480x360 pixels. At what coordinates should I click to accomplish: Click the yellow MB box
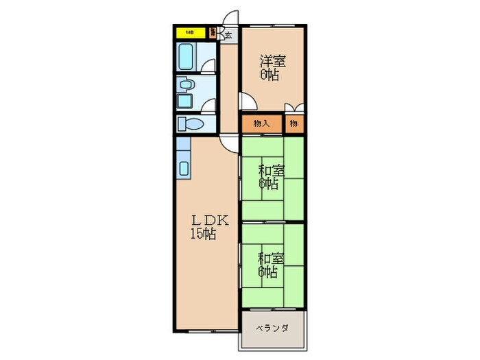pyautogui.click(x=187, y=32)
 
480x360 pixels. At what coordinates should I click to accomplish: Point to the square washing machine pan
pyautogui.click(x=185, y=101)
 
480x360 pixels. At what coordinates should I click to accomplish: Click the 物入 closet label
pyautogui.click(x=261, y=123)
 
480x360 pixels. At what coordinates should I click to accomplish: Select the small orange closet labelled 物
pyautogui.click(x=293, y=123)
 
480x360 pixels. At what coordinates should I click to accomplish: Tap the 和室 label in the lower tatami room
pyautogui.click(x=272, y=259)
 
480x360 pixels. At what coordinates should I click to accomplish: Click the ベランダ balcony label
pyautogui.click(x=272, y=328)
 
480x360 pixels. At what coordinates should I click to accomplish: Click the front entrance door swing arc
pyautogui.click(x=231, y=19)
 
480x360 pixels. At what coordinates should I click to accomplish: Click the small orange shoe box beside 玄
pyautogui.click(x=213, y=32)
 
